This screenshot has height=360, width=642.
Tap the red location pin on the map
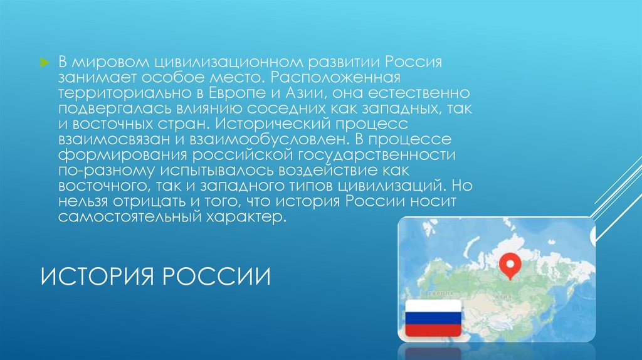[508, 265]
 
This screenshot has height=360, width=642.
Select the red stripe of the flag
[433, 330]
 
